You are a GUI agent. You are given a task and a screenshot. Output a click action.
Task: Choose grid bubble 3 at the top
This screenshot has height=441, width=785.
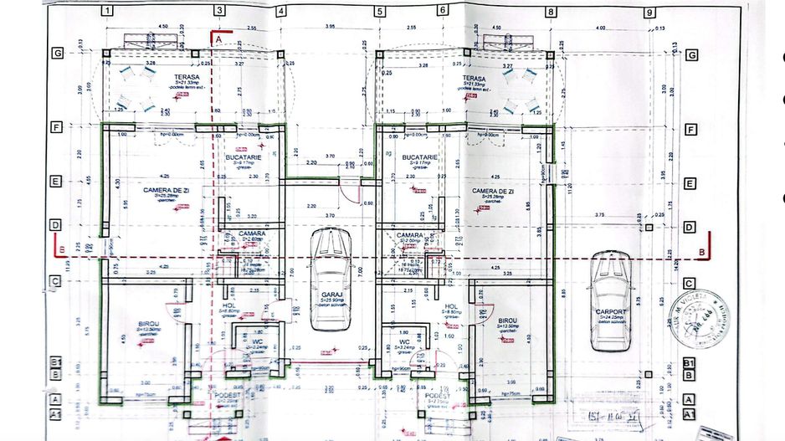[220, 12]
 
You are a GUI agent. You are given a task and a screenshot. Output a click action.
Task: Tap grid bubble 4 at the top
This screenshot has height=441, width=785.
[281, 12]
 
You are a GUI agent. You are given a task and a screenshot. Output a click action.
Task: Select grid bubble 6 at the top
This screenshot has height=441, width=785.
[441, 12]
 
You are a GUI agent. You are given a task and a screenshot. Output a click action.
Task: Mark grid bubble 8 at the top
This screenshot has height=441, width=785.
[551, 12]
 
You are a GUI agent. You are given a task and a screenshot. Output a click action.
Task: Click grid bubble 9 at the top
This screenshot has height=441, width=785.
[649, 12]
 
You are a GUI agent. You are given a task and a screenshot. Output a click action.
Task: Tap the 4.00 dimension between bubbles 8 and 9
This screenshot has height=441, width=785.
[599, 27]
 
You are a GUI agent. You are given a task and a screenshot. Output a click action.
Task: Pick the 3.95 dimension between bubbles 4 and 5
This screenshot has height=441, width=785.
[330, 27]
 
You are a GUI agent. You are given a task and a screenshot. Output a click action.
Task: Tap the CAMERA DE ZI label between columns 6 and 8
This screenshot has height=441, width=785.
[493, 192]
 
